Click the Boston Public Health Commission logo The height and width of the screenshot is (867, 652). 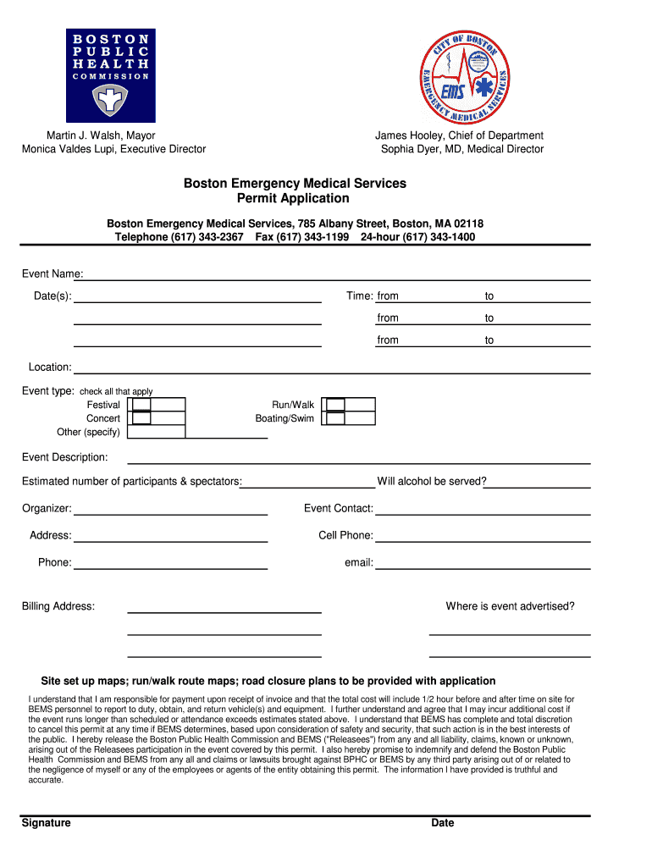(111, 75)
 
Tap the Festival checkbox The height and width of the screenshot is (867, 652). (142, 405)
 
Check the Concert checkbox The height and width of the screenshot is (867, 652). (142, 418)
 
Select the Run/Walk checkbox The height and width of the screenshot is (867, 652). (336, 405)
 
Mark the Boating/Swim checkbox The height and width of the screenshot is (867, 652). (336, 418)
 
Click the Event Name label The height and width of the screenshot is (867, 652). (52, 273)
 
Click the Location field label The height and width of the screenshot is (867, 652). (50, 367)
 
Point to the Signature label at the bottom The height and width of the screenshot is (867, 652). (47, 823)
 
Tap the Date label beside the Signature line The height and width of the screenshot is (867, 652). (443, 823)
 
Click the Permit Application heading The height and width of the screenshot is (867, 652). (296, 198)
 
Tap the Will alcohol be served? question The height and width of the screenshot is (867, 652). (432, 482)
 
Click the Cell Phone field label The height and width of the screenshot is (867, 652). (345, 535)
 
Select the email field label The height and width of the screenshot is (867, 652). (359, 562)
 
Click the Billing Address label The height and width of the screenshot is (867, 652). (58, 606)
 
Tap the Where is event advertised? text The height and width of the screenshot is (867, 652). (511, 606)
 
